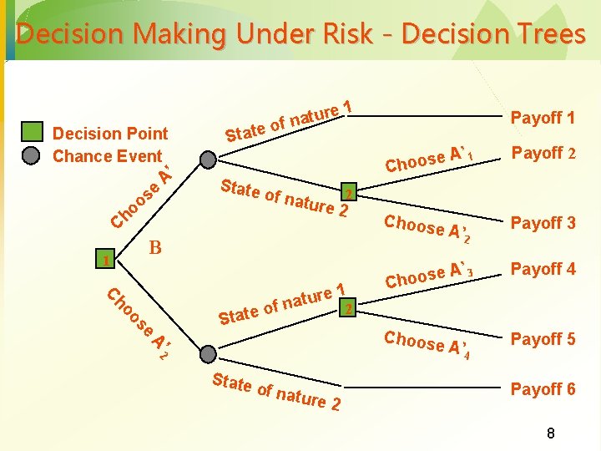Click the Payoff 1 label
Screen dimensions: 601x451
[543, 118]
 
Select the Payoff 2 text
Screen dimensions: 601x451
[543, 153]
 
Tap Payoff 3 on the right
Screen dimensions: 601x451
[543, 223]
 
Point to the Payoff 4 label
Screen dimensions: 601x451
[543, 269]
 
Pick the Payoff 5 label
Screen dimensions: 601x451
[543, 339]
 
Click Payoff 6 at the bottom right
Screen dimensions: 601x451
[543, 389]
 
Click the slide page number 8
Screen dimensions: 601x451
[550, 433]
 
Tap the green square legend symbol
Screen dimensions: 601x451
[32, 132]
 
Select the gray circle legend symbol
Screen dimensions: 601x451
[32, 155]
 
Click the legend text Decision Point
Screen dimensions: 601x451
[110, 134]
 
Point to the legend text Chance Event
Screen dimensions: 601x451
[107, 156]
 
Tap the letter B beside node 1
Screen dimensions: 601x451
[154, 247]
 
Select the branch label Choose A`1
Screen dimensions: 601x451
[431, 158]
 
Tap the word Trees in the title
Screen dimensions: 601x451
[548, 35]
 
